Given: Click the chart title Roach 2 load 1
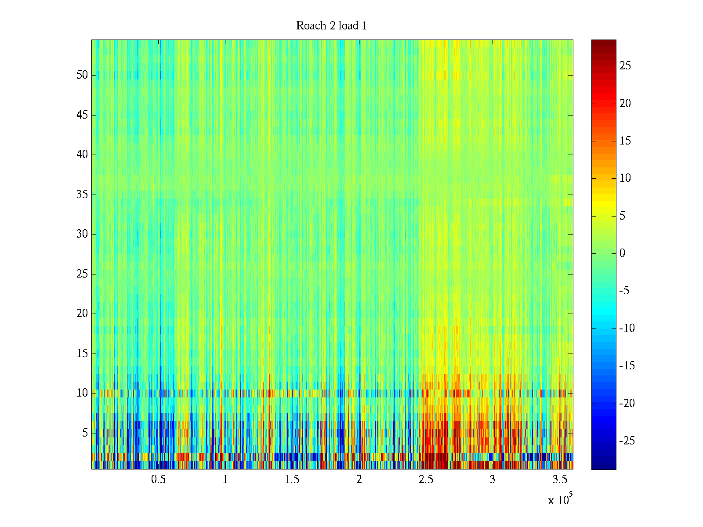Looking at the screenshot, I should point(332,26).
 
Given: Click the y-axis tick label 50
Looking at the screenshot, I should point(82,75).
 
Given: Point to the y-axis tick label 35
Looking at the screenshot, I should point(82,195).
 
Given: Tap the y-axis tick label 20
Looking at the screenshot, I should point(82,314).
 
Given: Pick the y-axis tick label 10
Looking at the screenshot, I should point(82,393).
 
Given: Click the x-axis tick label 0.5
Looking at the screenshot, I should point(158,480).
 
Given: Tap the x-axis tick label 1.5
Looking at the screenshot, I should point(292,480).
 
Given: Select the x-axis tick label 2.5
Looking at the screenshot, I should point(426,480).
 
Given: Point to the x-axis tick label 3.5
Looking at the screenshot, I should point(559,480).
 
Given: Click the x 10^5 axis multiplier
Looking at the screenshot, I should point(560,500).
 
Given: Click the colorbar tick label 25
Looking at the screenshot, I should point(625,66).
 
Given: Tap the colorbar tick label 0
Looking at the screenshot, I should point(622,253).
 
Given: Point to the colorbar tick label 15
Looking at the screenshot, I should point(625,141).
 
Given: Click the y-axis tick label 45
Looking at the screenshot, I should point(82,115).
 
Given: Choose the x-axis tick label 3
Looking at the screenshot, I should point(493,480).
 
